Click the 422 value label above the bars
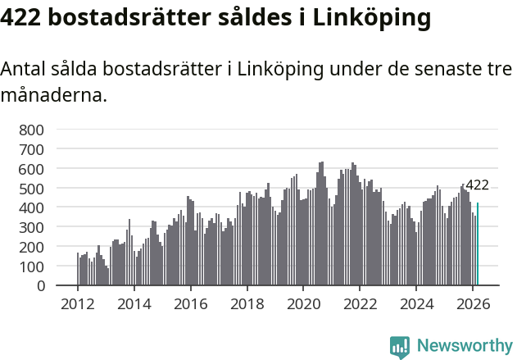click(477, 185)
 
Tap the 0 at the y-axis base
click(39, 286)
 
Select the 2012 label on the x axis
click(78, 303)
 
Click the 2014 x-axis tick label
click(134, 303)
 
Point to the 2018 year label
click(247, 303)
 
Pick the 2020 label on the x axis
click(303, 303)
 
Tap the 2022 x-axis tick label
click(360, 303)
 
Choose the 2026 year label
click(473, 303)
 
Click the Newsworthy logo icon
click(400, 347)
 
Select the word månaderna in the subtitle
click(54, 95)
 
